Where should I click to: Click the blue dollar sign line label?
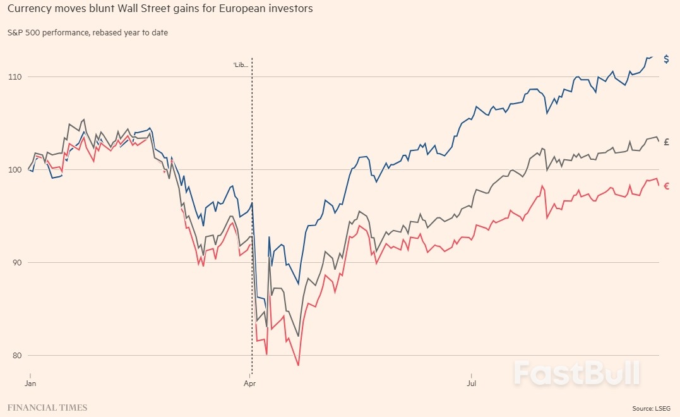coord(666,59)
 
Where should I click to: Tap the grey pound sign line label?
coord(667,142)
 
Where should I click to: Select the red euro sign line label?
coord(666,186)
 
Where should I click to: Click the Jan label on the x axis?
coord(30,383)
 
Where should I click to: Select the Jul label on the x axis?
coord(471,383)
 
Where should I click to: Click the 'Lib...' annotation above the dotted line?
coord(241,64)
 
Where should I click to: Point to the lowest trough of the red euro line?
coord(298,365)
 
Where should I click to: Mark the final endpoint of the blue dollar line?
coord(652,57)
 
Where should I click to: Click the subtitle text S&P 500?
coord(23,32)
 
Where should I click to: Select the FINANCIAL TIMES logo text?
coord(47,408)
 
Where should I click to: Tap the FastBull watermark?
coord(576,373)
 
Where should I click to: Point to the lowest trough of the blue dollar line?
coord(298,284)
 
